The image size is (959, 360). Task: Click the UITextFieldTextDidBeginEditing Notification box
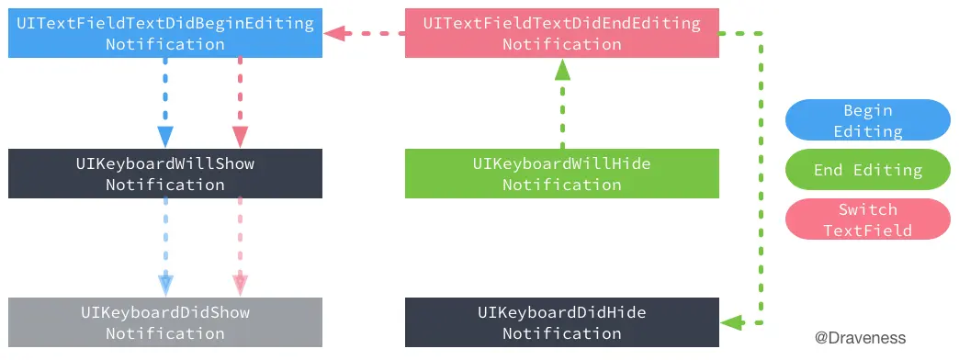click(x=165, y=33)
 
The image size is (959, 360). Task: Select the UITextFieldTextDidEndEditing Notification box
click(x=561, y=33)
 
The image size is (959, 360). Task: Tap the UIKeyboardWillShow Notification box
click(x=165, y=174)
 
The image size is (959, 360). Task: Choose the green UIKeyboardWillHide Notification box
click(x=561, y=174)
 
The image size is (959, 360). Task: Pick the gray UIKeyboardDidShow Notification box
click(x=165, y=322)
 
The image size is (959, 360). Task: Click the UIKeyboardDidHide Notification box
click(x=561, y=322)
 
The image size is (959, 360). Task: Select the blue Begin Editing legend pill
click(x=867, y=120)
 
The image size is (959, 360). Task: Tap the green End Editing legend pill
click(x=867, y=170)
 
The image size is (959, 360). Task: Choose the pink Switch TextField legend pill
click(x=867, y=219)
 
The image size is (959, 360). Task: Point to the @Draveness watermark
click(x=860, y=338)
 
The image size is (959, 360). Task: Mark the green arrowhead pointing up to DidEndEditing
click(x=561, y=70)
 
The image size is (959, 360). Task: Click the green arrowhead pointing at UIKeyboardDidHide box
click(x=731, y=322)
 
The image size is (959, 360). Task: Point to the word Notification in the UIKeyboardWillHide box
click(x=561, y=185)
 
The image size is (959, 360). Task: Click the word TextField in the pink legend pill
click(x=867, y=231)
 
